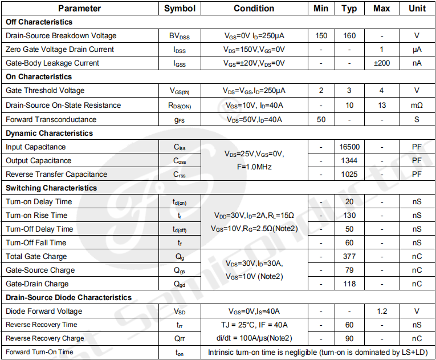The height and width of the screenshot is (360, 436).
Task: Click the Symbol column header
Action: (x=180, y=9)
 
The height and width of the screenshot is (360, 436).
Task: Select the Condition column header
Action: (x=254, y=9)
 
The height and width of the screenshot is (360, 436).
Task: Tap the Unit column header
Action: (x=417, y=9)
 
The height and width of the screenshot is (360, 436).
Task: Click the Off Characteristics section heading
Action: (x=39, y=22)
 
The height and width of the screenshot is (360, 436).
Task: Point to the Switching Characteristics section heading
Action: (x=51, y=188)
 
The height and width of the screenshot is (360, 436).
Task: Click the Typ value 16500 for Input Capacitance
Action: (x=349, y=147)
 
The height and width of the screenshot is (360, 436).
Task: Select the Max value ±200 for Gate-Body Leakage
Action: (x=381, y=63)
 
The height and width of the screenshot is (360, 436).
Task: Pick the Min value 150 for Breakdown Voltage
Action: (x=321, y=35)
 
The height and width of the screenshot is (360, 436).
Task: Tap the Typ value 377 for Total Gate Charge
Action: (x=349, y=256)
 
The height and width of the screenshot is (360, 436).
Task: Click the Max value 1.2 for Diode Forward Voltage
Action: (x=381, y=311)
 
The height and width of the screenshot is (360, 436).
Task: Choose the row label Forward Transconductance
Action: (x=51, y=119)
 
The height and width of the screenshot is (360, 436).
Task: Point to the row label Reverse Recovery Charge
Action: (x=44, y=338)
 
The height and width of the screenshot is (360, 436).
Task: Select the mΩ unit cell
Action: (x=417, y=105)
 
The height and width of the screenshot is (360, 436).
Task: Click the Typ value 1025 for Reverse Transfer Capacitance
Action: (x=349, y=174)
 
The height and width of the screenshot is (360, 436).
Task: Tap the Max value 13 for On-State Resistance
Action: (x=381, y=105)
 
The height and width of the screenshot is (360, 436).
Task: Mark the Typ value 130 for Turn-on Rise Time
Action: (x=349, y=215)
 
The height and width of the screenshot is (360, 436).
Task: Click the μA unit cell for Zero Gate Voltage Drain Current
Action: (x=417, y=49)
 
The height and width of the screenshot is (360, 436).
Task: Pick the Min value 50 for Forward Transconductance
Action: (x=321, y=119)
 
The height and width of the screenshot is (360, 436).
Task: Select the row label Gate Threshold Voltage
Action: (x=45, y=90)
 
